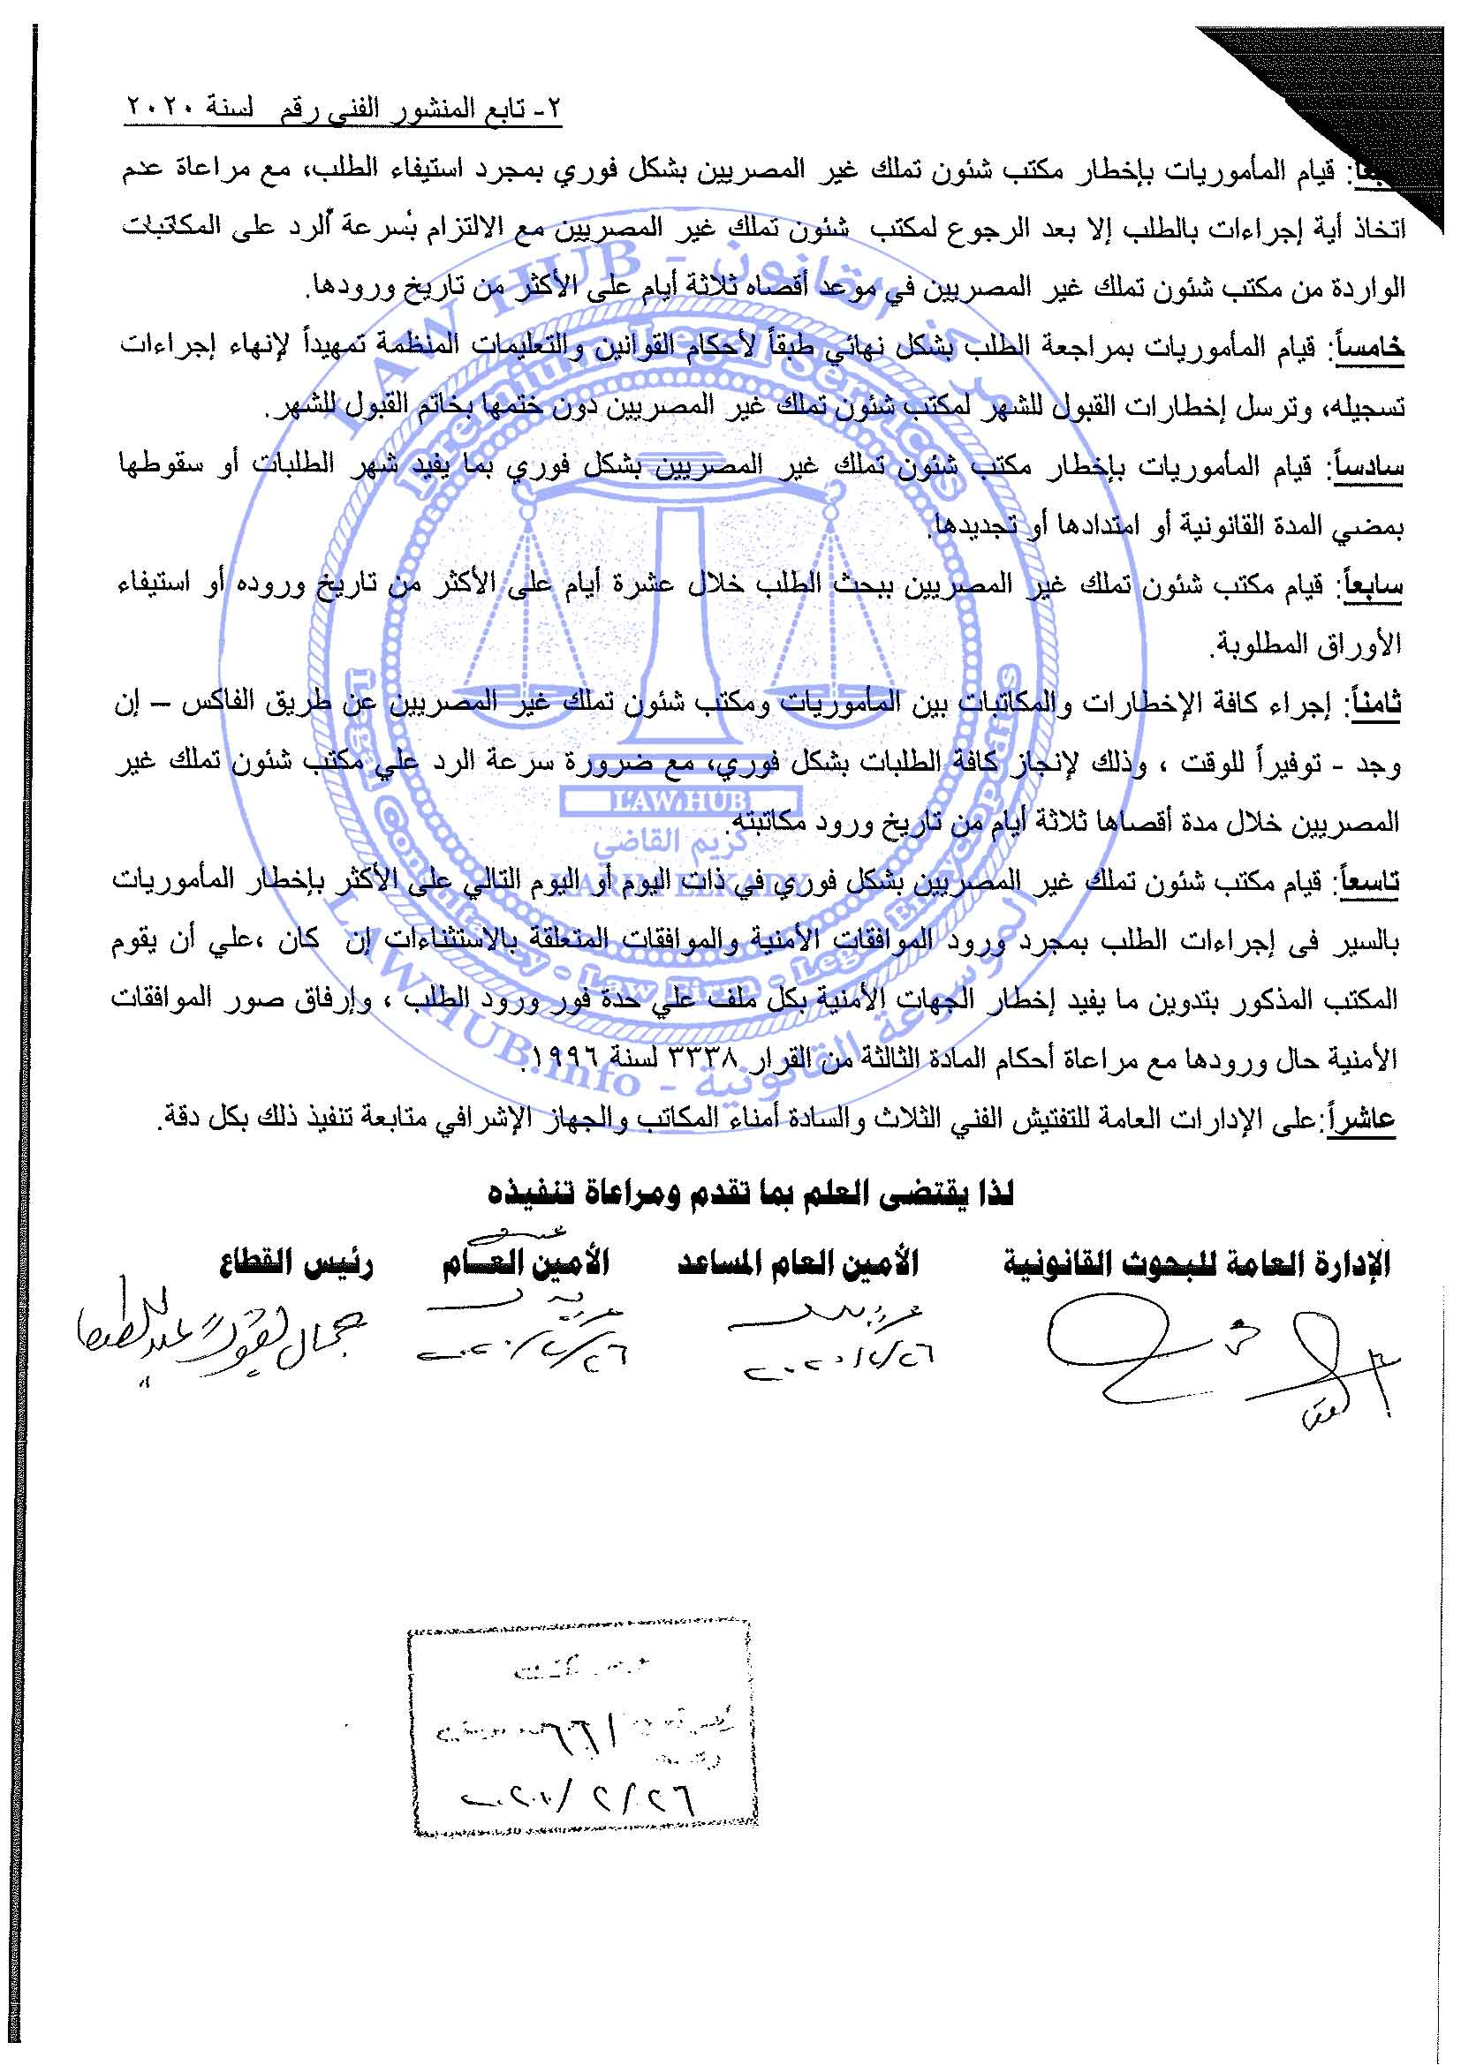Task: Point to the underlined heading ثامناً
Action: coord(1375,705)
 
